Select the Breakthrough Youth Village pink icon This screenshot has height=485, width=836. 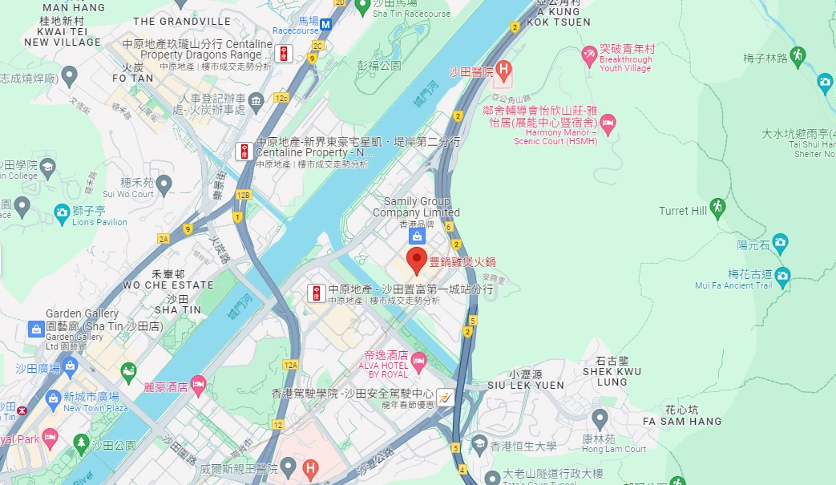coord(589,55)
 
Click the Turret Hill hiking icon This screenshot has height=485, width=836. coord(717,206)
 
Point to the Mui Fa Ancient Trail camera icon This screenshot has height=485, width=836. coord(782,275)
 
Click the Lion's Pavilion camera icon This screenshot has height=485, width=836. coord(62,212)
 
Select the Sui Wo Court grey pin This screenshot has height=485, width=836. coord(164,184)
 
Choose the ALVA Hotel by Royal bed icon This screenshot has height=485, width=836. coord(418,363)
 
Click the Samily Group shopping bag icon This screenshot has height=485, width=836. coord(416,236)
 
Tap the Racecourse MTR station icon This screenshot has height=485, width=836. coord(326,25)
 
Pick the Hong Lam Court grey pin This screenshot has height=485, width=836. coord(600,418)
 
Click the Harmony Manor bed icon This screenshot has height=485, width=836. coord(608,122)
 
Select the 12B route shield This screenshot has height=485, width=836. coord(244,194)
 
